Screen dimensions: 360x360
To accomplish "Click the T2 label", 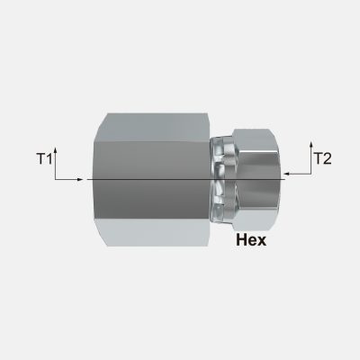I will [322, 159].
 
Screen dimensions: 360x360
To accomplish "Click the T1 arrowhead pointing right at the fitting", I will [85, 179].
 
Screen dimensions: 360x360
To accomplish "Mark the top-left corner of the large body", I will [93, 114].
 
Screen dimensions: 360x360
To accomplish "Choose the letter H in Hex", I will [239, 241].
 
